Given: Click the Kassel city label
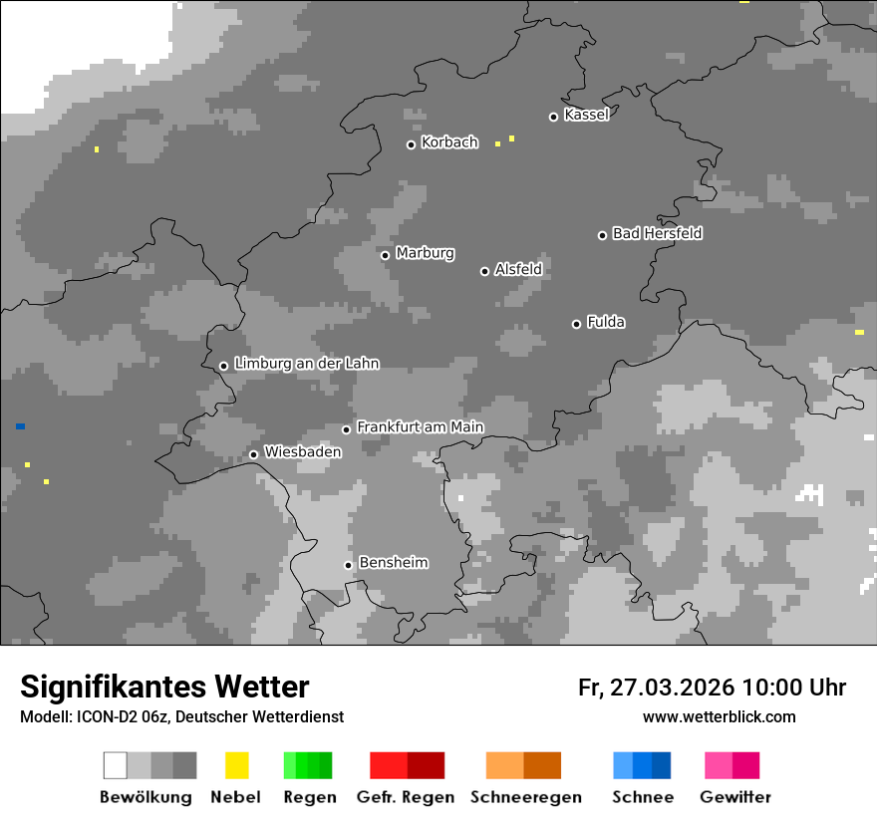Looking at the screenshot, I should (x=586, y=115).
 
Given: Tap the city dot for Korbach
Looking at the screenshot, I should (x=411, y=144).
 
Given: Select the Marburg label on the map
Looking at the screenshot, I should (x=425, y=253).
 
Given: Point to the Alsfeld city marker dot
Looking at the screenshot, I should (x=484, y=271).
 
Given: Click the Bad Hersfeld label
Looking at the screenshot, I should (x=657, y=233).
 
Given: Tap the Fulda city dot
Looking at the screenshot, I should (x=576, y=324).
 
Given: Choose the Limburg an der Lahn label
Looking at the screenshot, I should (x=306, y=364).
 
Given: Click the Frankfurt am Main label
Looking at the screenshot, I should (x=420, y=427).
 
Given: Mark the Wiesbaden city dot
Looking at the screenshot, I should (x=253, y=454).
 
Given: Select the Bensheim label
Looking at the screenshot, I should (x=393, y=563).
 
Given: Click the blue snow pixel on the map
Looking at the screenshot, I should (x=20, y=426).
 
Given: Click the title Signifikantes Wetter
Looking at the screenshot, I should (x=164, y=687).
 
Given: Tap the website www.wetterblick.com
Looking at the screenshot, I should (x=719, y=716).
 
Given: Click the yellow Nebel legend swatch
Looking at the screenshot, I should (x=236, y=765).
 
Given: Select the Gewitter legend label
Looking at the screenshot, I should (x=734, y=797).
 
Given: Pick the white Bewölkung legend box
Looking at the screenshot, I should (x=116, y=765).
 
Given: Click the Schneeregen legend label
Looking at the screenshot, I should (x=525, y=797).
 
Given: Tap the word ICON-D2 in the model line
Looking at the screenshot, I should (x=98, y=717).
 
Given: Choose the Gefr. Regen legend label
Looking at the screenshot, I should (x=405, y=797).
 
